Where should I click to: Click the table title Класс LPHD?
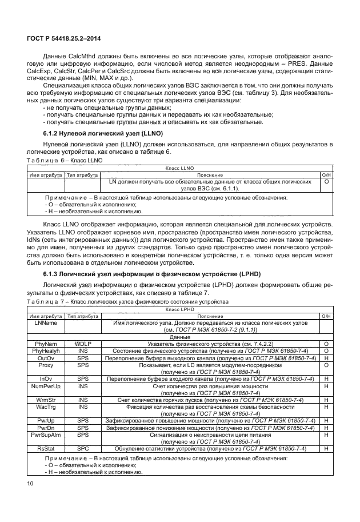tap(180, 309)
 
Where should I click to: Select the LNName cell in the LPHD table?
tap(46, 322)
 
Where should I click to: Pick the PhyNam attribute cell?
tap(46, 344)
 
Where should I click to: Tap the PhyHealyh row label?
tap(46, 350)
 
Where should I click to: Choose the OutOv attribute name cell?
tap(46, 358)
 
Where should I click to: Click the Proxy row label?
tap(46, 365)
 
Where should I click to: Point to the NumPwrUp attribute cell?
tap(46, 386)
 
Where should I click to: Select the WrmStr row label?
tap(46, 400)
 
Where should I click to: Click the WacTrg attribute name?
tap(46, 407)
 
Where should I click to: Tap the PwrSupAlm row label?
tap(46, 435)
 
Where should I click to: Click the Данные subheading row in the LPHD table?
tap(180, 337)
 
